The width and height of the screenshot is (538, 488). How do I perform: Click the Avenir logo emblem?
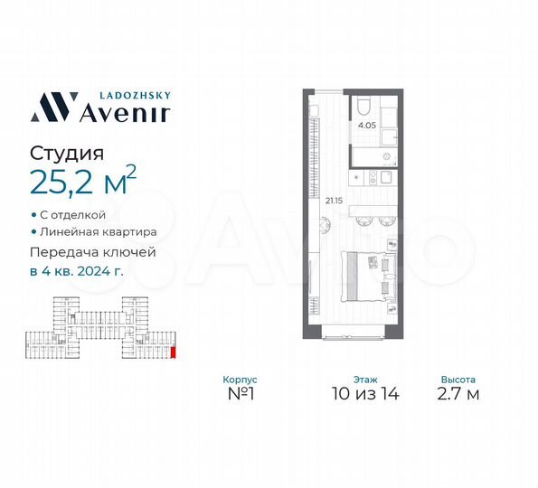(52, 106)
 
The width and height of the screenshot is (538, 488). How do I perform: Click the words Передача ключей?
(93, 252)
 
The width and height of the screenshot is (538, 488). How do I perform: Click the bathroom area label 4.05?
(367, 127)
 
